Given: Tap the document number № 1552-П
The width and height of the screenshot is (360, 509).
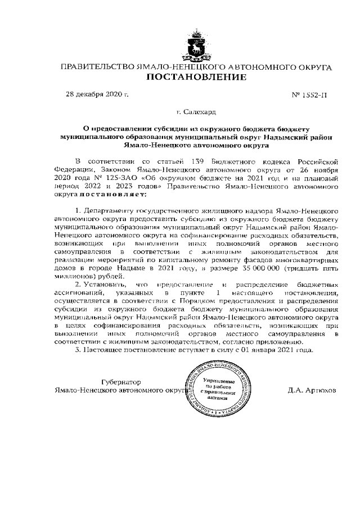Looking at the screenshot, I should (309, 95).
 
